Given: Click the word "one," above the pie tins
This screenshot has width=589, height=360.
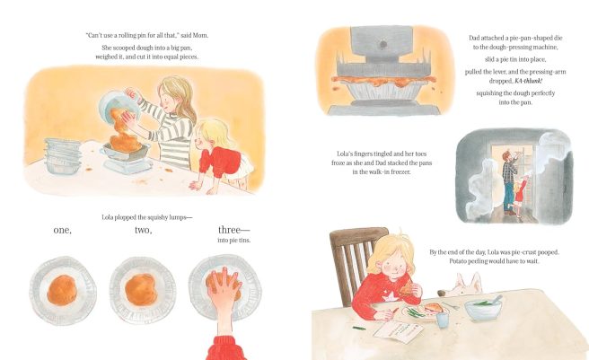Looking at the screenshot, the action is [62, 231].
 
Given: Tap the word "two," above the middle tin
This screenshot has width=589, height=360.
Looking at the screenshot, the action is [144, 230].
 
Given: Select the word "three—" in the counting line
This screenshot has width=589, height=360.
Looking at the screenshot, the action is [233, 230].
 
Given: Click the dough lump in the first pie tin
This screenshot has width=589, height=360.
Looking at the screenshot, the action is [62, 290].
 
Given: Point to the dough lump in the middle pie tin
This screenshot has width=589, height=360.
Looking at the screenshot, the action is [141, 289].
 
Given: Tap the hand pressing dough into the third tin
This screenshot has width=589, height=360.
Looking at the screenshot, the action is [224, 289].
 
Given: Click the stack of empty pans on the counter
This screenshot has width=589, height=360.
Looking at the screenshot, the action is [62, 156].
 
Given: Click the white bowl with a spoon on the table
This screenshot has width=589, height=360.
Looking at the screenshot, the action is [483, 307].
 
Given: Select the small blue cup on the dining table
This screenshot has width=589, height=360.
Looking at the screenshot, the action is [443, 320].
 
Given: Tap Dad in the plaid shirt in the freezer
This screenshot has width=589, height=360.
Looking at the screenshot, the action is [510, 183].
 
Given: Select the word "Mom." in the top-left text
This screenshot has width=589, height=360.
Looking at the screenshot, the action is [200, 35].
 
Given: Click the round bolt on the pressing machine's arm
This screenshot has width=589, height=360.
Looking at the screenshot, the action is [382, 44].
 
